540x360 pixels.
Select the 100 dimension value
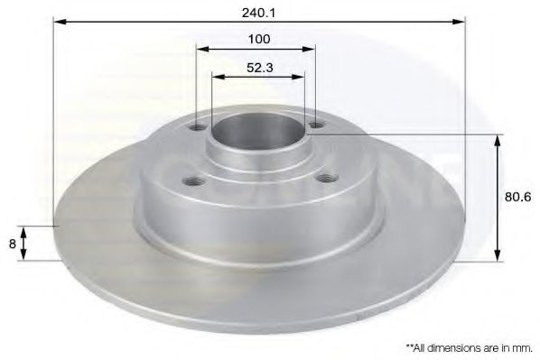[259, 41]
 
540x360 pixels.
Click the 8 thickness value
[10, 242]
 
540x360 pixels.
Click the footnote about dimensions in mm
[469, 345]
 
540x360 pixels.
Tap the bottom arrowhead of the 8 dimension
[24, 254]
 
